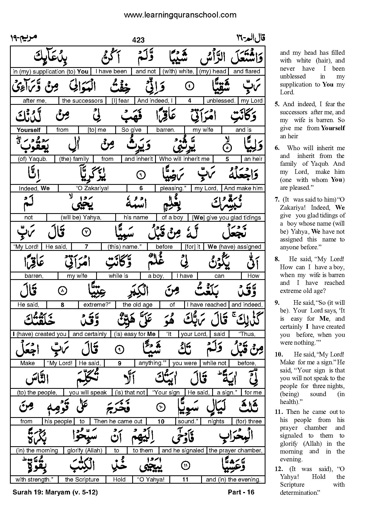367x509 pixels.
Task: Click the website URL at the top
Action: tap(180, 15)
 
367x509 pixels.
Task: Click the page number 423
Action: tap(138, 40)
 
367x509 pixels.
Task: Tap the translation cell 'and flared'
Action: tap(246, 71)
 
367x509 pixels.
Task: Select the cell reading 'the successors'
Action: tap(82, 101)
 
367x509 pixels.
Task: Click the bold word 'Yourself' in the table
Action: tap(29, 130)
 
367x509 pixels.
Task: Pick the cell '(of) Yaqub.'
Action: tap(32, 159)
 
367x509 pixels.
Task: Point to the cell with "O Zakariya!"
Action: tap(93, 188)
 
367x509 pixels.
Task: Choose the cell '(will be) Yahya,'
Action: tap(81, 217)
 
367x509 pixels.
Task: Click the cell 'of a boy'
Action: tap(172, 217)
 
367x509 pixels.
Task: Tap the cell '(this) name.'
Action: tap(124, 247)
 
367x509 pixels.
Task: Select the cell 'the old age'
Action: tap(137, 305)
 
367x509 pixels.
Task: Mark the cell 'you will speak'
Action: tap(88, 393)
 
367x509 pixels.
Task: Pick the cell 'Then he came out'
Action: tap(118, 421)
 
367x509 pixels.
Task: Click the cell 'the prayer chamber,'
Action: tap(236, 451)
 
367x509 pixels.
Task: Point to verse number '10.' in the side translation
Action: tap(277, 355)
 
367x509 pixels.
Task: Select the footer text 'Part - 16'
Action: tap(241, 492)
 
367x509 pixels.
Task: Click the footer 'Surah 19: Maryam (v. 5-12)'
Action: tap(55, 493)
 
